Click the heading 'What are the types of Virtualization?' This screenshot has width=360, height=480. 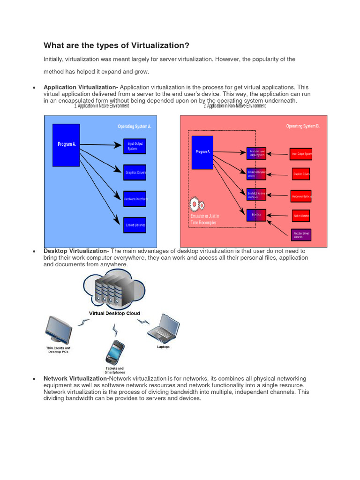pos(116,45)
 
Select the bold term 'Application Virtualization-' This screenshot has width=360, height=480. pos(81,87)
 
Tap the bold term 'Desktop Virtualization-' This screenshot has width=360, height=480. pos(76,251)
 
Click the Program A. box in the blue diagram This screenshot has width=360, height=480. pos(66,145)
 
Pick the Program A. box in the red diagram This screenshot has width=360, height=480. pos(202,152)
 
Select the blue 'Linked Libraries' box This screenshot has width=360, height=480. pos(135,225)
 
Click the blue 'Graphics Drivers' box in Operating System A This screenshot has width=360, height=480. pos(135,172)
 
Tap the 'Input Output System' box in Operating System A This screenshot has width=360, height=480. pos(135,146)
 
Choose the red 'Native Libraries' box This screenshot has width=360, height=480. pos(301,216)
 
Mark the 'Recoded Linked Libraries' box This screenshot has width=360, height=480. pos(301,235)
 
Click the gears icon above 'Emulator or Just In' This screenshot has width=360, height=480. pos(196,205)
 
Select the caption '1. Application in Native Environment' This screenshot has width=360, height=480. pos(101,106)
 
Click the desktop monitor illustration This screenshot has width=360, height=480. pos(59,330)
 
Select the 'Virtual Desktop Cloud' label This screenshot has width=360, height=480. pos(114,313)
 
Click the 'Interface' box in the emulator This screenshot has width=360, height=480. pos(256,215)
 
